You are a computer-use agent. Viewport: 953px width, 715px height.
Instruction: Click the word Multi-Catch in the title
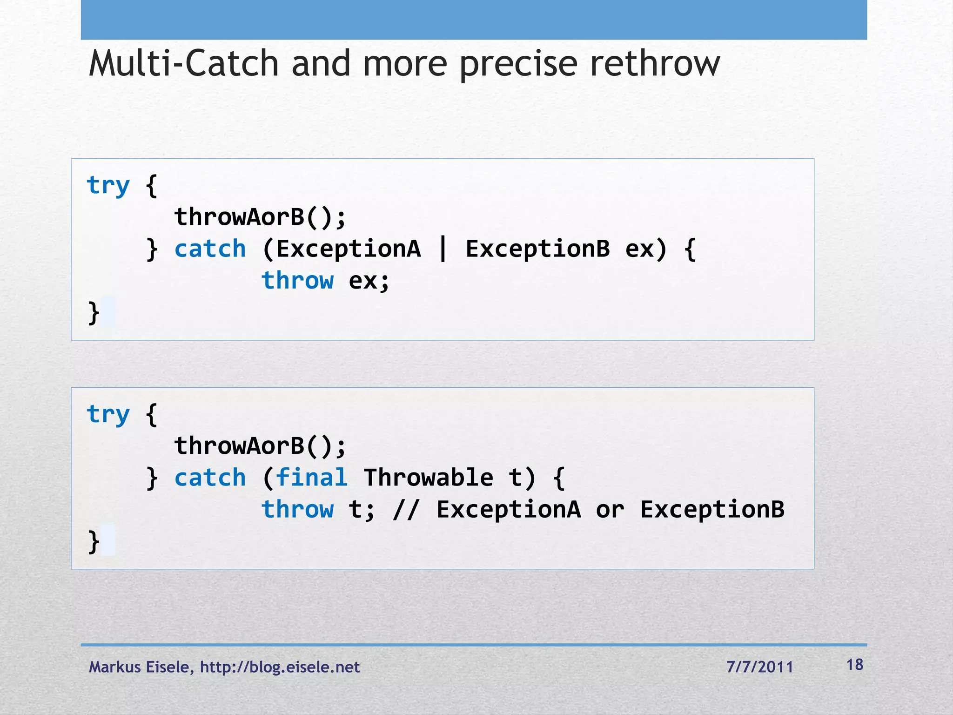(x=184, y=64)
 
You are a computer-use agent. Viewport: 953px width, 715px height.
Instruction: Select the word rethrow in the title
(x=655, y=64)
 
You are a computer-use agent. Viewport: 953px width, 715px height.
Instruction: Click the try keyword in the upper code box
(x=108, y=186)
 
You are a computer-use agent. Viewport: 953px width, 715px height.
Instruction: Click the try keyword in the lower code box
(x=108, y=415)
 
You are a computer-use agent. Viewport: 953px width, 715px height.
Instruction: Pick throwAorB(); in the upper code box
(x=260, y=217)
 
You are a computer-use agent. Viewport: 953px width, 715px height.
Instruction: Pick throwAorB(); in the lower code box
(x=260, y=446)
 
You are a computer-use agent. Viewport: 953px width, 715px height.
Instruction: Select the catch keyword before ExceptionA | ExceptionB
(x=210, y=249)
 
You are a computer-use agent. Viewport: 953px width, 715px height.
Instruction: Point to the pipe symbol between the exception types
(x=443, y=249)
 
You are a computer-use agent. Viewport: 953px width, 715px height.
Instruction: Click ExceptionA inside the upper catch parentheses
(x=349, y=249)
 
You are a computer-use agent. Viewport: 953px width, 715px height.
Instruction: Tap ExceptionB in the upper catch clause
(x=537, y=249)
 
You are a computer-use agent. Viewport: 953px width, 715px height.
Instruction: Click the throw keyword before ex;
(x=297, y=280)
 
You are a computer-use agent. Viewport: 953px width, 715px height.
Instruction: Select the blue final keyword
(x=311, y=478)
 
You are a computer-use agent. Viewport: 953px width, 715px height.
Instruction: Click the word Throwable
(x=428, y=478)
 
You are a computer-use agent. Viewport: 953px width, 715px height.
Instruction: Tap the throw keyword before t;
(x=297, y=509)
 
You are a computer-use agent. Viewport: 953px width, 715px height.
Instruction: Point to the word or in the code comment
(x=610, y=510)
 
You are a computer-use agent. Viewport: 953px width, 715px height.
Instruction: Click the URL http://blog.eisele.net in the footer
(x=280, y=667)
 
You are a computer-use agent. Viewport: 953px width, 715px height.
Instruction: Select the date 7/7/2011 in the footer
(x=759, y=667)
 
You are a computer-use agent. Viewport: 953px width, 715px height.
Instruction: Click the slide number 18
(x=855, y=665)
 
